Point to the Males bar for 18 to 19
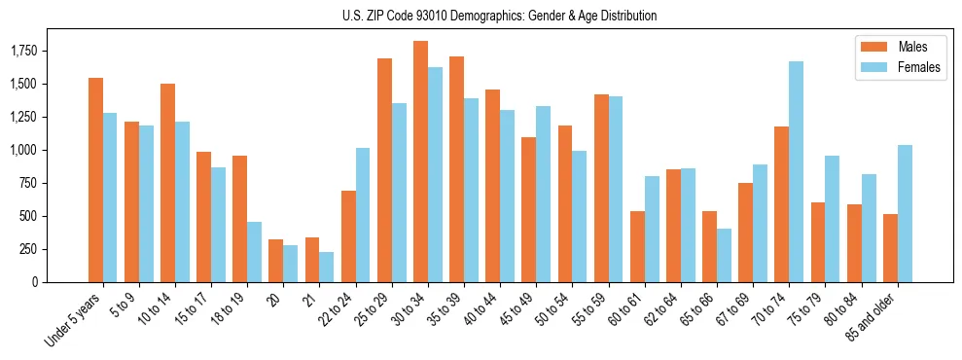point(239,219)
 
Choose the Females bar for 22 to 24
point(363,215)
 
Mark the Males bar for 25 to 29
point(384,170)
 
